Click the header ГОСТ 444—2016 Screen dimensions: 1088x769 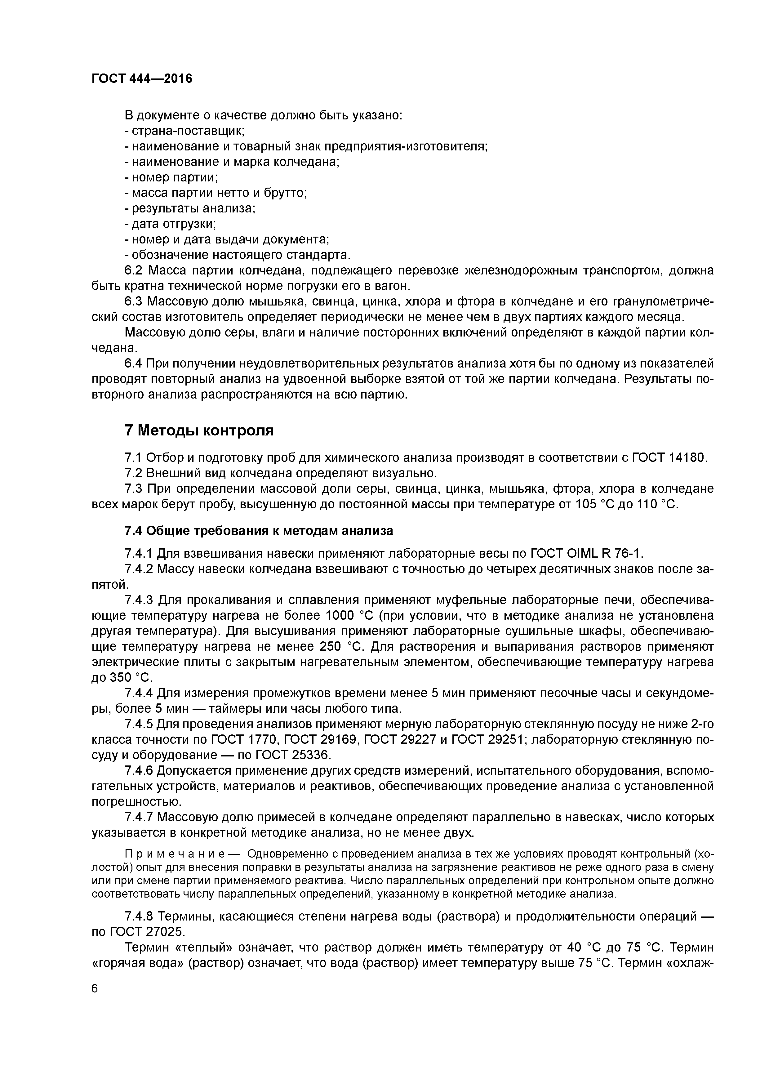coord(142,79)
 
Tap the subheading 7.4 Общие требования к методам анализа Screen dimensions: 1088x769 coord(259,530)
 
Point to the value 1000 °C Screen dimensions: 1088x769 coord(347,616)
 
